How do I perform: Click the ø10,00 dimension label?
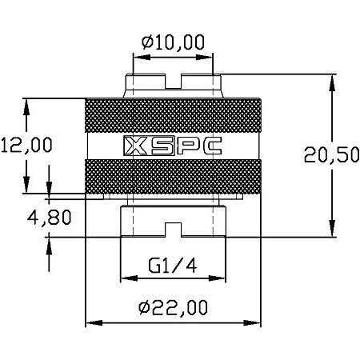[x=173, y=42]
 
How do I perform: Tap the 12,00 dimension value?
[x=26, y=145]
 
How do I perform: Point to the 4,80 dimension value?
[x=50, y=217]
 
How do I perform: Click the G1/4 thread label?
[x=172, y=266]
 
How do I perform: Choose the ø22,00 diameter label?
[x=173, y=306]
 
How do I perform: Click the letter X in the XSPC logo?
[x=136, y=146]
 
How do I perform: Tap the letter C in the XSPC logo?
[x=211, y=146]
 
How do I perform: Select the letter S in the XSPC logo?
[x=162, y=146]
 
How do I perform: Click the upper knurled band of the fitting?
[x=173, y=115]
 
